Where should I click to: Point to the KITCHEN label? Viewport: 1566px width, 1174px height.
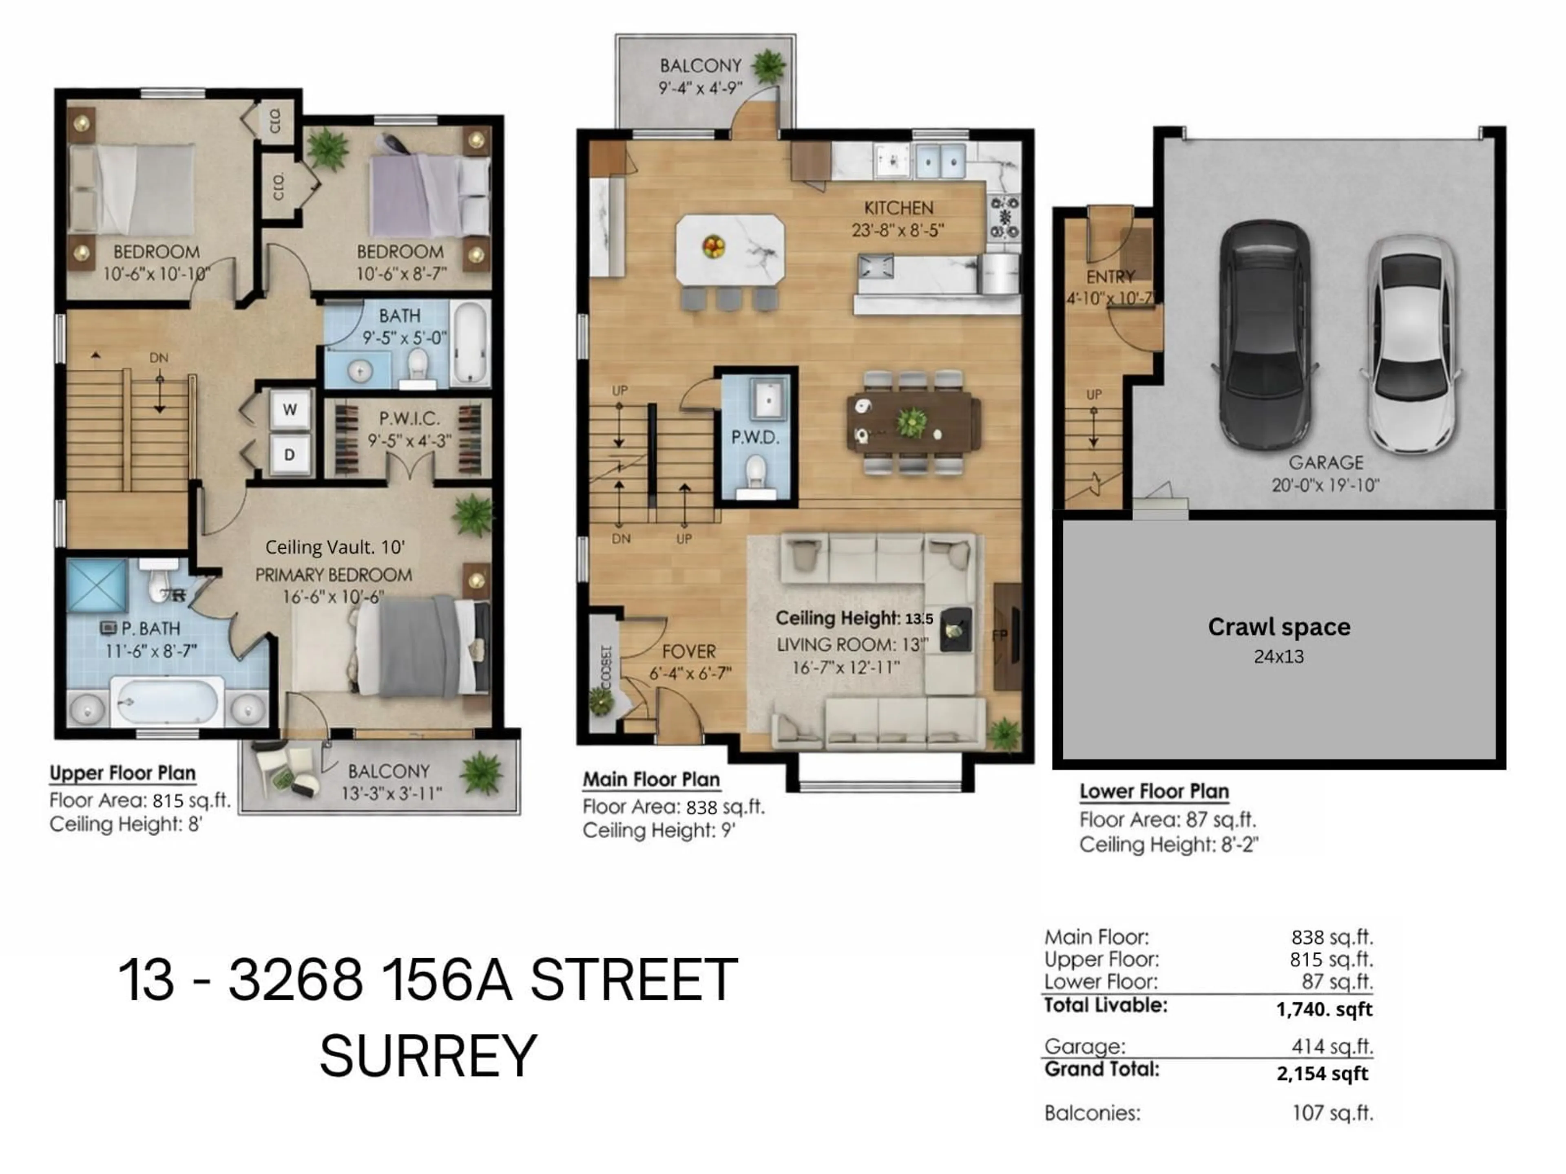(898, 208)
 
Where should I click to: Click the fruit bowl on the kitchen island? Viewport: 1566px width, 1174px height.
(713, 246)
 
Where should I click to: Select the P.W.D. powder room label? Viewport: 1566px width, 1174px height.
(755, 437)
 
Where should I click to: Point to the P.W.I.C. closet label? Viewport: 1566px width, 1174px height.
(409, 418)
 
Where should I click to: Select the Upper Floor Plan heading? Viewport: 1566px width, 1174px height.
(122, 773)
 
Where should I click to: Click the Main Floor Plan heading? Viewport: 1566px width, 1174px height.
(651, 779)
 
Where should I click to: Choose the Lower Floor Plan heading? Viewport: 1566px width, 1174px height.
(1154, 791)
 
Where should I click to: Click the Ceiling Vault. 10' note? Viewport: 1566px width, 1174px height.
(335, 547)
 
